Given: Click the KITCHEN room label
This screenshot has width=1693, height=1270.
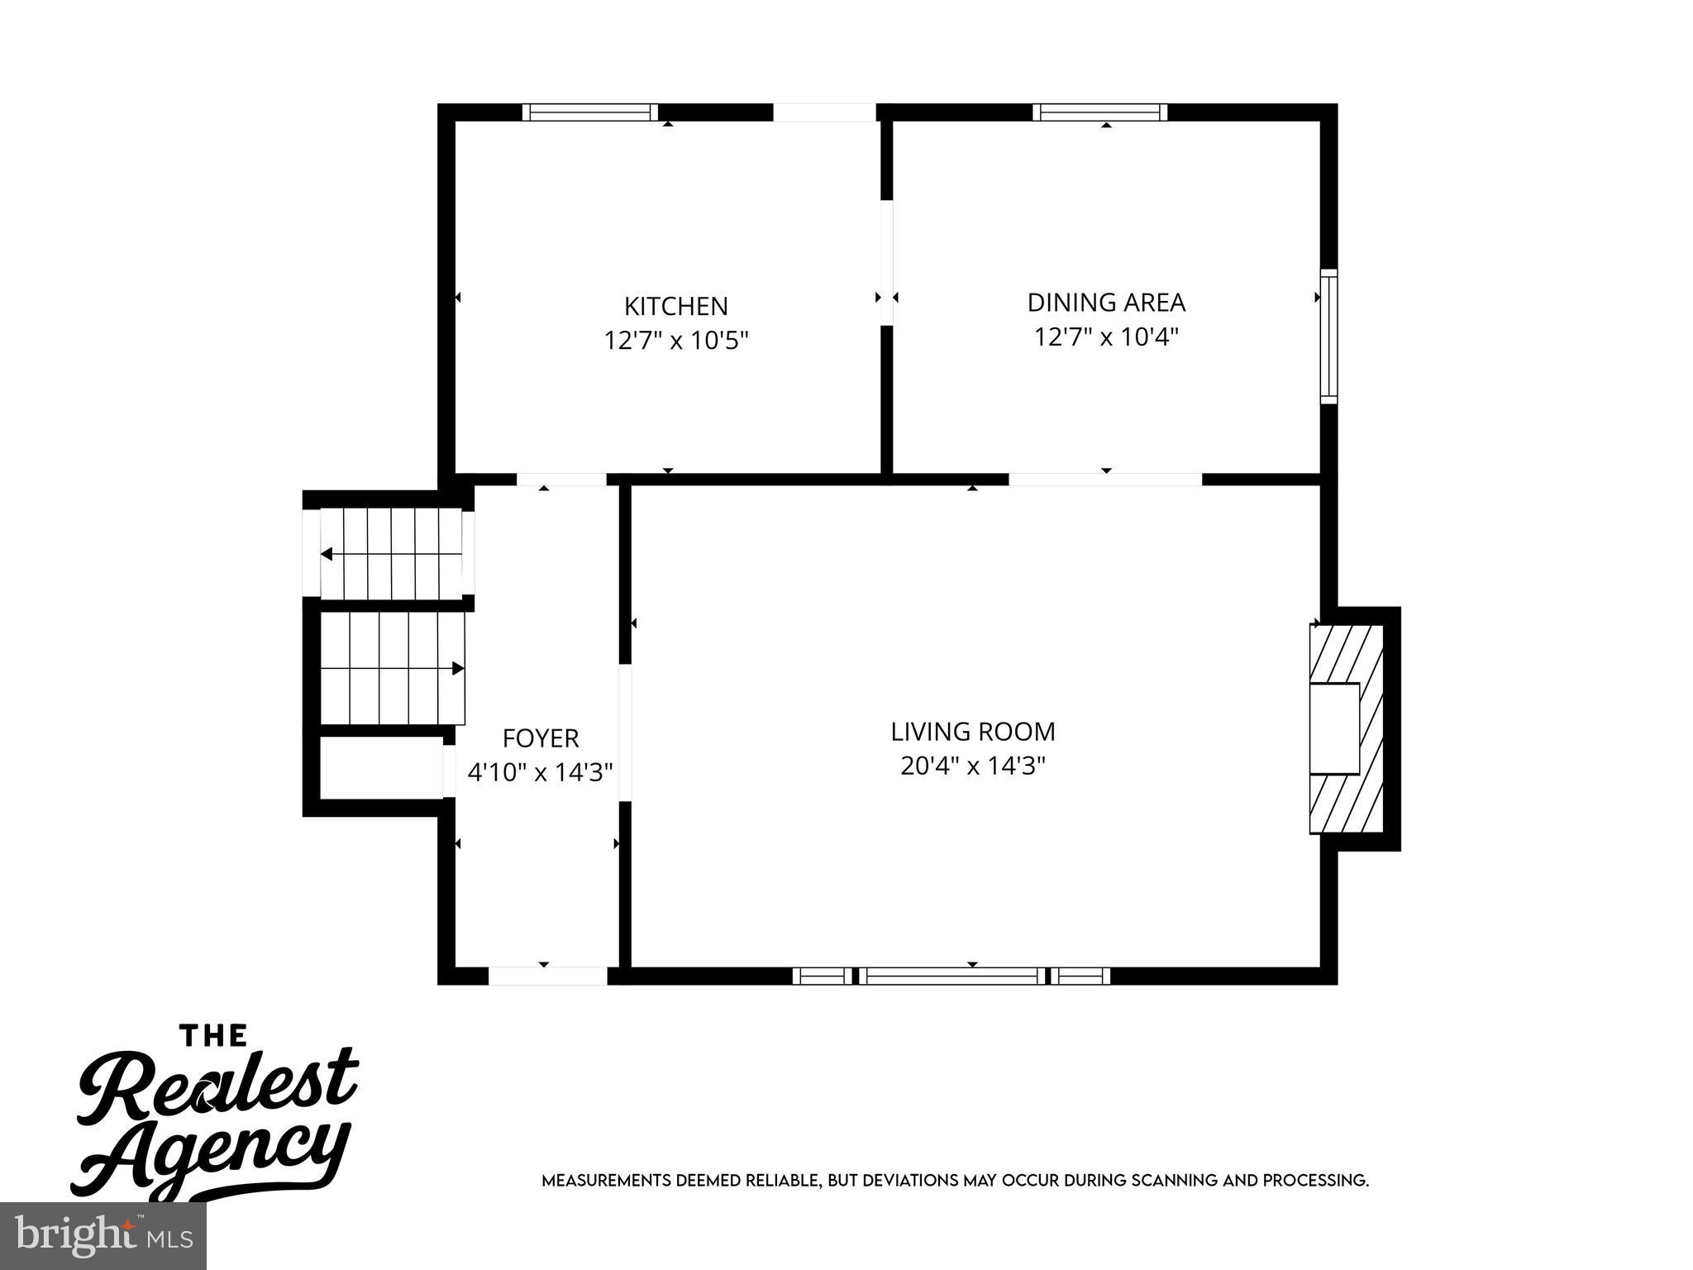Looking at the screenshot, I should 675,306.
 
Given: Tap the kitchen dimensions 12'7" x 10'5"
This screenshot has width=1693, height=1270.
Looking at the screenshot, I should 675,341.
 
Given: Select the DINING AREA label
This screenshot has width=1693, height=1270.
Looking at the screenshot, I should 1106,303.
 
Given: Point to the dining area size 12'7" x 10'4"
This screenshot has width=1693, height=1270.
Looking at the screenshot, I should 1106,337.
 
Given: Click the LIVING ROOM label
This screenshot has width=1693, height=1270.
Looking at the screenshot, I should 973,732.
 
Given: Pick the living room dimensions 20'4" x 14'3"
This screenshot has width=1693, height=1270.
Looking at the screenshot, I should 973,766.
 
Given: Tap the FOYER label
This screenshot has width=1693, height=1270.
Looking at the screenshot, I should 541,738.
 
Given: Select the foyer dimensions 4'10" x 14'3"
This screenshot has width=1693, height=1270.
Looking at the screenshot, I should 541,772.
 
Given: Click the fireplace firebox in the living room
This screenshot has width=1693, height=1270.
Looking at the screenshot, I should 1334,728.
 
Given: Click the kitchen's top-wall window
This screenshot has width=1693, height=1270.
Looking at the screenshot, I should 590,112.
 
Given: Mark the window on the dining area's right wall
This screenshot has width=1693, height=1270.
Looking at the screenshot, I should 1328,336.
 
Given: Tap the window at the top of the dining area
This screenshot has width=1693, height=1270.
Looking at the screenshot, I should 1099,112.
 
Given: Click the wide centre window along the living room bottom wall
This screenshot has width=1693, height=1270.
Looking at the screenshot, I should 952,976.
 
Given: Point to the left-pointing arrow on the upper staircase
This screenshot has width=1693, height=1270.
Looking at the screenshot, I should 327,554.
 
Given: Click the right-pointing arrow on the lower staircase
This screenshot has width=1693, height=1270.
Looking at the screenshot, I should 457,668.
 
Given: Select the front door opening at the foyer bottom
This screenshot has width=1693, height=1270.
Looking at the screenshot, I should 547,976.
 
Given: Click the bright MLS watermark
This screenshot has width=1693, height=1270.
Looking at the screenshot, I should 103,1236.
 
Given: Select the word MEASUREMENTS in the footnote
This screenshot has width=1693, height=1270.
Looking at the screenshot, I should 606,1180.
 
